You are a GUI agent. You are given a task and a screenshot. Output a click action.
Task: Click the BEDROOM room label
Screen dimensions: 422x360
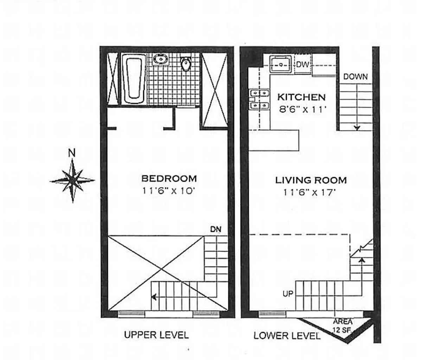tap(169, 179)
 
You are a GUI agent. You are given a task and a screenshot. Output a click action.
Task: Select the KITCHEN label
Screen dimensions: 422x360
tap(301, 97)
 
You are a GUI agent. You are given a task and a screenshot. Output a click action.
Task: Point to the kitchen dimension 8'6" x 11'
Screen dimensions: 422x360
tap(302, 110)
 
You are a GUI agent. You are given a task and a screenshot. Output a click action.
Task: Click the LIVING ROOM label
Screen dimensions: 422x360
tap(311, 180)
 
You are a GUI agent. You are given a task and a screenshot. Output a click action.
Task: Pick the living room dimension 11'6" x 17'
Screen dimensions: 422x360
tap(309, 192)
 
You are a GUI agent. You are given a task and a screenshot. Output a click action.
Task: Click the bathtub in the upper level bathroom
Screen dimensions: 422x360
tap(134, 79)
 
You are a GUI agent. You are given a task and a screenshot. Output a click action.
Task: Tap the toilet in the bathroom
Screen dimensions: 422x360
tap(186, 64)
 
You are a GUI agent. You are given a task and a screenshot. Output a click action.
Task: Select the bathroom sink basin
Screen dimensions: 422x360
tap(161, 59)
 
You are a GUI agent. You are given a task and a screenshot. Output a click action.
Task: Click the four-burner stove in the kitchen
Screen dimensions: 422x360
tap(259, 99)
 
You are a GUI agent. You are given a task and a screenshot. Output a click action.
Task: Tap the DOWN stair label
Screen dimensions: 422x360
tap(356, 77)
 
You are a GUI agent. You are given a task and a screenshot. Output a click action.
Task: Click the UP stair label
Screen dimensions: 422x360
tap(288, 294)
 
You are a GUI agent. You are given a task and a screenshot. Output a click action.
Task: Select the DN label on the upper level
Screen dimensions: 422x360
tap(216, 229)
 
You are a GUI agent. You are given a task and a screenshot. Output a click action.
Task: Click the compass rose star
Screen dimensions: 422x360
tap(72, 180)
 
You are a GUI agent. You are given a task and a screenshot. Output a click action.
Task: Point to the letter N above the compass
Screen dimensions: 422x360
tap(72, 153)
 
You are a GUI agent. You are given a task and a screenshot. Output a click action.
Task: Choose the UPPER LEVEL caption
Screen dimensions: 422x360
tap(156, 335)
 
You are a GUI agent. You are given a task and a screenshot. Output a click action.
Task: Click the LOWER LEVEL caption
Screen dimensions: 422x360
tap(287, 336)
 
